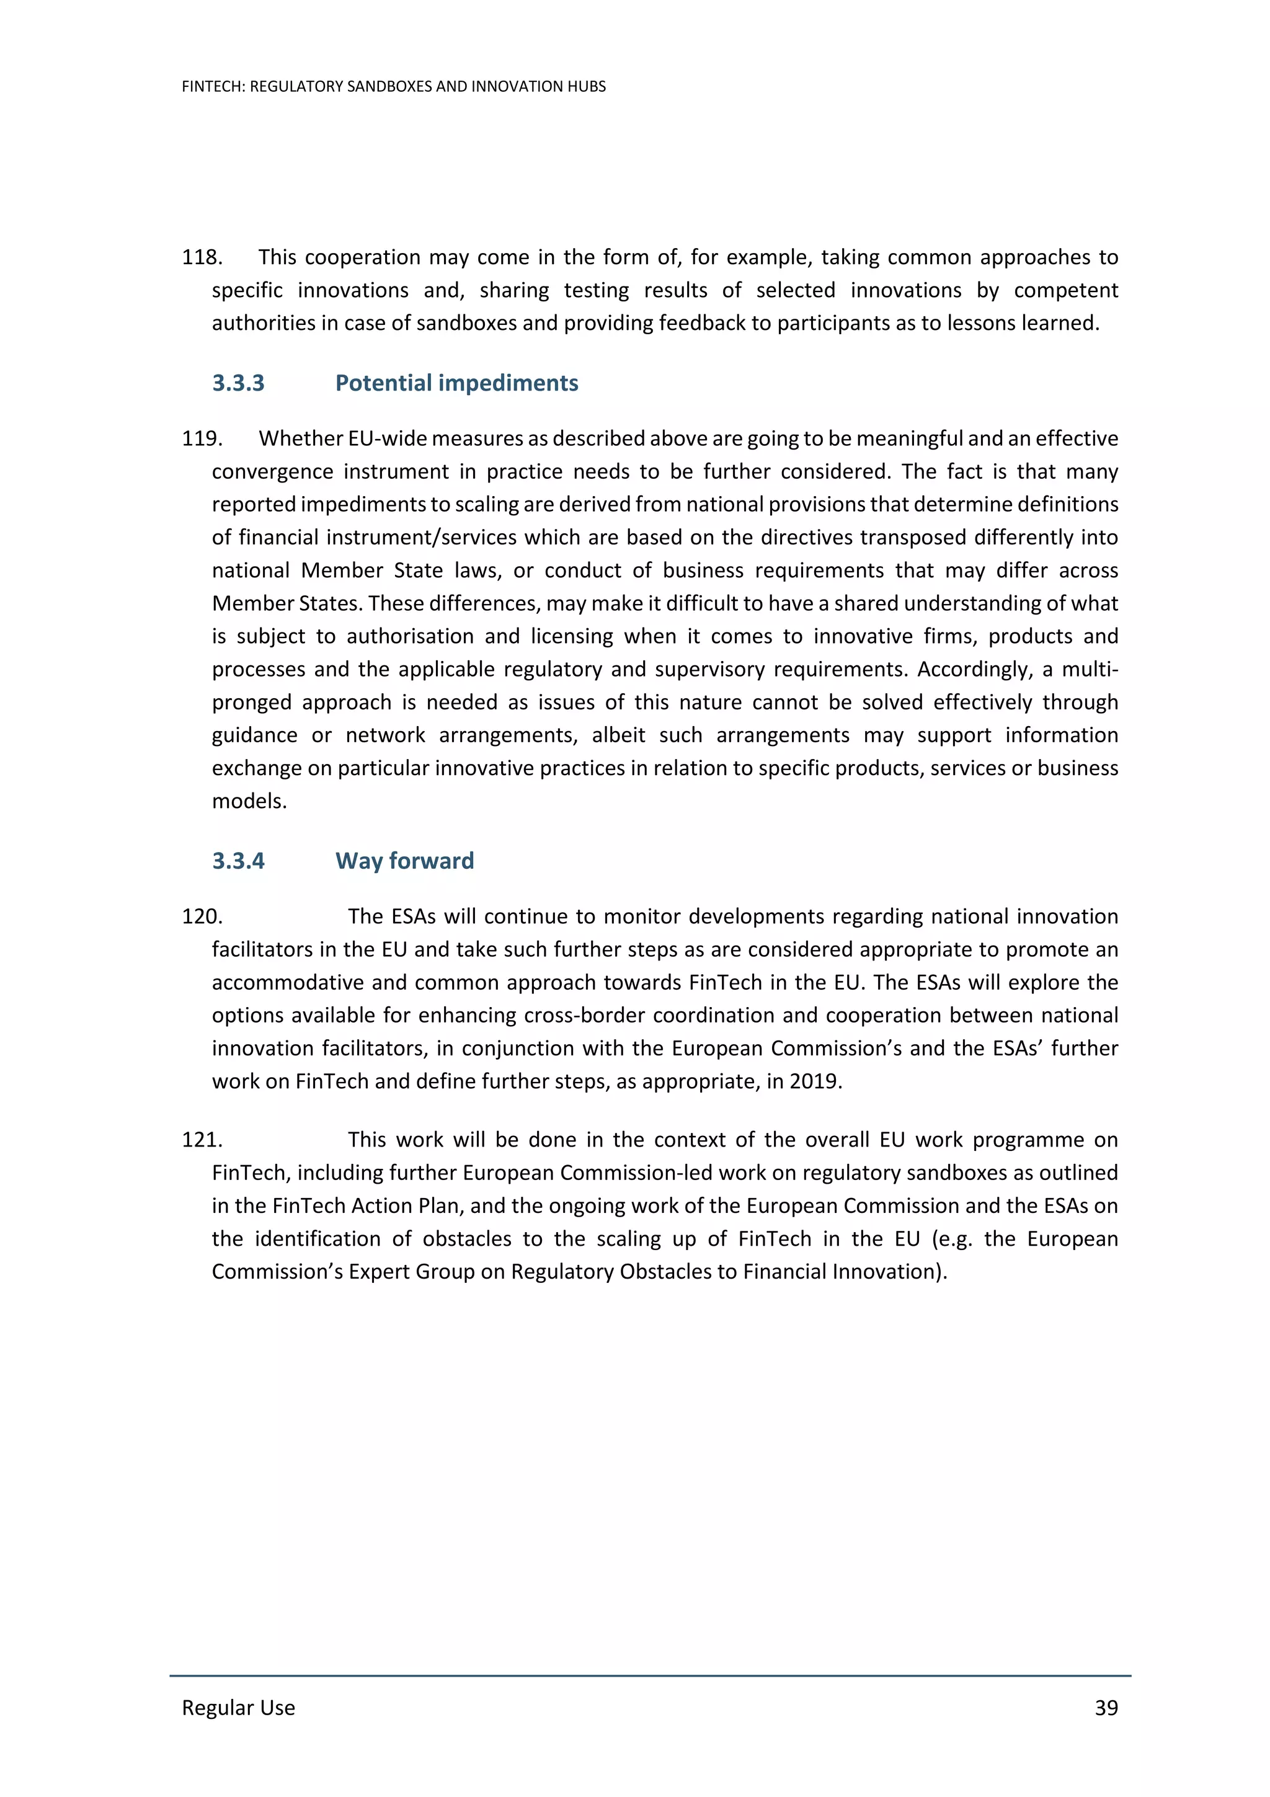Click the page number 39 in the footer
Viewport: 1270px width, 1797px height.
click(1106, 1707)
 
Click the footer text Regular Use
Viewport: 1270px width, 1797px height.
click(238, 1707)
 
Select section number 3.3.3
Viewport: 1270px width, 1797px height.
click(238, 383)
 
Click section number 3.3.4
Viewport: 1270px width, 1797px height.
click(238, 861)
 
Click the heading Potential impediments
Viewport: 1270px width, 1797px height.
click(456, 383)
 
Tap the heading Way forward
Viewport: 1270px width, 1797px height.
click(404, 861)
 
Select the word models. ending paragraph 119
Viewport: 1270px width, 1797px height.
click(249, 801)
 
